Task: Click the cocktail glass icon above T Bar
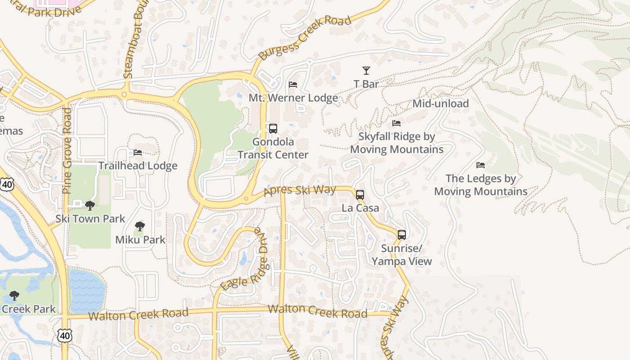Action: click(366, 71)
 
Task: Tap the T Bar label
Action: click(366, 84)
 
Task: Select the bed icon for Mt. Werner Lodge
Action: click(293, 85)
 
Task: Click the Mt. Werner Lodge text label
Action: click(293, 98)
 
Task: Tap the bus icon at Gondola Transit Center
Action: click(273, 129)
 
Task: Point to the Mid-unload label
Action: click(441, 103)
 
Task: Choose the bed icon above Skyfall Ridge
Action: click(396, 123)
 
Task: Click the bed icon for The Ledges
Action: click(481, 165)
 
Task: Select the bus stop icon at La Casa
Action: click(360, 195)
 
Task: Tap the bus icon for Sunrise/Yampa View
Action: click(402, 235)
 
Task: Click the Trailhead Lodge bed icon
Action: click(138, 153)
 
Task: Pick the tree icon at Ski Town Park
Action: click(90, 206)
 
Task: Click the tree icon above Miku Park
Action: click(140, 226)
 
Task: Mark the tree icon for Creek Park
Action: click(14, 296)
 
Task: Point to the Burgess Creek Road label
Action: click(305, 39)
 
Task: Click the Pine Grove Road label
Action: click(67, 151)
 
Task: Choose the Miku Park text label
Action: click(140, 240)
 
